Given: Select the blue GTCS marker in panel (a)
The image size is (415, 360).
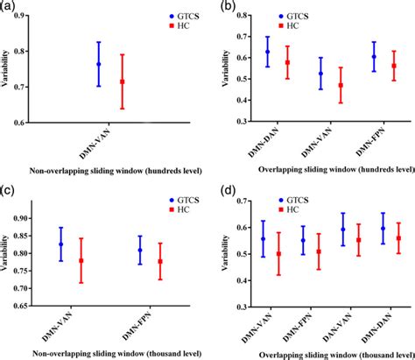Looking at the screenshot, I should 99,64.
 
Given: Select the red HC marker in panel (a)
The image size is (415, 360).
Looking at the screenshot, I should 122,82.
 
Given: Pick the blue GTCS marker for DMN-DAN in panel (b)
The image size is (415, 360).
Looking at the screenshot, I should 269,52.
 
